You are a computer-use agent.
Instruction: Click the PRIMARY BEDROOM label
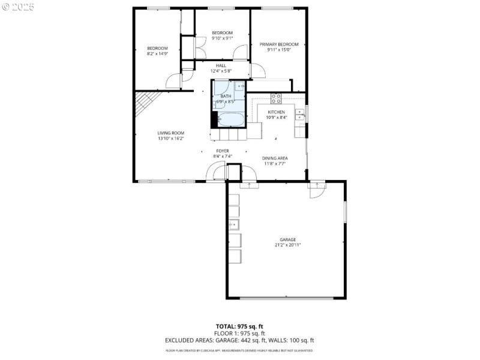[x=279, y=44]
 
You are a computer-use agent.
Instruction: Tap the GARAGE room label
[x=287, y=239]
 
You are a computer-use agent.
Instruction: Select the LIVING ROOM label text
[x=170, y=133]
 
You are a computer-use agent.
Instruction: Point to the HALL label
[x=221, y=65]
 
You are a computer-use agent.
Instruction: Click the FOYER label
[x=223, y=151]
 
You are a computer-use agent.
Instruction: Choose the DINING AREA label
[x=275, y=158]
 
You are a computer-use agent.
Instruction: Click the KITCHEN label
[x=276, y=112]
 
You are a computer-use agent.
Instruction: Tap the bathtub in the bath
[x=231, y=120]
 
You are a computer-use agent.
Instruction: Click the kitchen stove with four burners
[x=277, y=97]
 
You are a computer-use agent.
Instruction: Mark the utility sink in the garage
[x=233, y=226]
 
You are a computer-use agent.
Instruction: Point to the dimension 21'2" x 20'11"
[x=287, y=245]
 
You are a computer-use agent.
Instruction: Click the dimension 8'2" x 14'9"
[x=157, y=53]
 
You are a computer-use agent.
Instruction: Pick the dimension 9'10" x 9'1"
[x=222, y=38]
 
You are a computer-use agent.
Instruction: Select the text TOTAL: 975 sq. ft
[x=239, y=326]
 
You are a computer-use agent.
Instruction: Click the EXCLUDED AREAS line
[x=239, y=340]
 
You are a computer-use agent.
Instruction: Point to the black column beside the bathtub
[x=214, y=119]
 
